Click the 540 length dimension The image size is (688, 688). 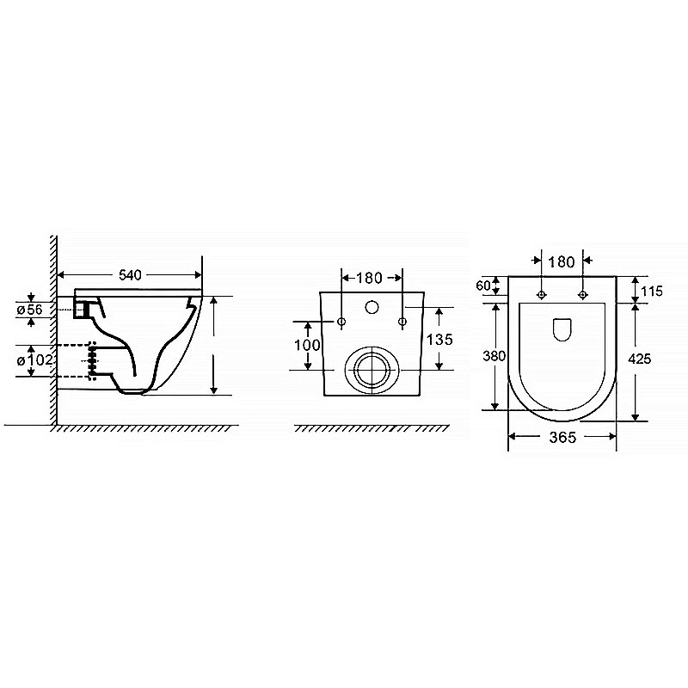(131, 275)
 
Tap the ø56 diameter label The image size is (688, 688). (30, 310)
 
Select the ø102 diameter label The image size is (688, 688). (34, 360)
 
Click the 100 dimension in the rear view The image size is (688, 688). (307, 346)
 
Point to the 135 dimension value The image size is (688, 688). (439, 339)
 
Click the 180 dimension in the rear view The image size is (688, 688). (369, 278)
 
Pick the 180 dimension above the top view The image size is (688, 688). (562, 262)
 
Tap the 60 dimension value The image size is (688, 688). (482, 286)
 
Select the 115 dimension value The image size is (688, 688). (651, 291)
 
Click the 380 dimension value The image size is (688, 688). (494, 356)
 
